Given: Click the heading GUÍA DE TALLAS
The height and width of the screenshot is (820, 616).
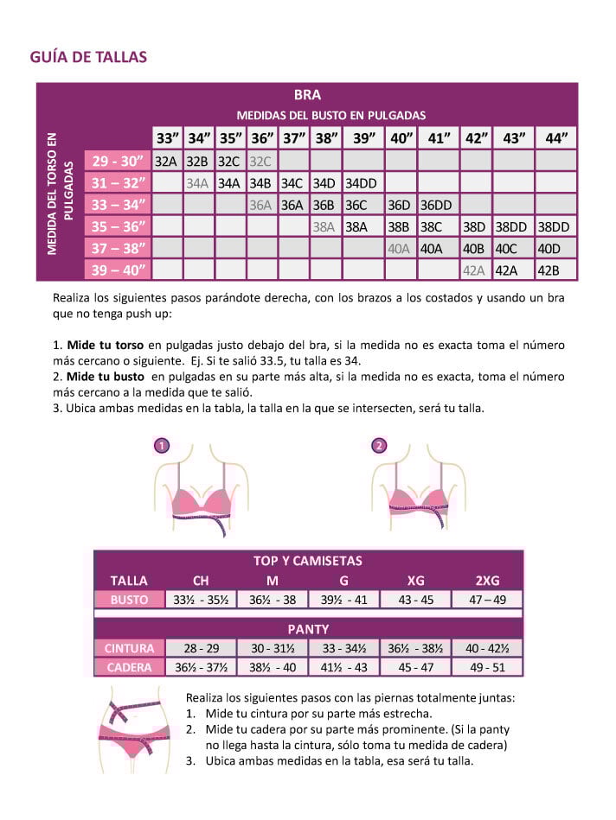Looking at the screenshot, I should [x=88, y=57].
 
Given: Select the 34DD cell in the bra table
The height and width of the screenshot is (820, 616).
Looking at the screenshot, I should [x=361, y=183].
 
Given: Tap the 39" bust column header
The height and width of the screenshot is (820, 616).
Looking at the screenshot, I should [x=364, y=137].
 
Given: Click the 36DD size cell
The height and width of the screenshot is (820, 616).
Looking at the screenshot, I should [x=436, y=206].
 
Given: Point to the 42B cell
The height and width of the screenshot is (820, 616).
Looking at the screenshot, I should [x=548, y=270].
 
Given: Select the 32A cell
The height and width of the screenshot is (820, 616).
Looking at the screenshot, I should [x=165, y=161].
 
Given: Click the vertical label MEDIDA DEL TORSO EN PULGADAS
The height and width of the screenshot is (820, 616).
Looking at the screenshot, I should [x=59, y=194].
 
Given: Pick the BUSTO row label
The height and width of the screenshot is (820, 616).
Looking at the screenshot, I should [x=129, y=600].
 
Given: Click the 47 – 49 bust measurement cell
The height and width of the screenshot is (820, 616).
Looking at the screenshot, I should [x=487, y=600].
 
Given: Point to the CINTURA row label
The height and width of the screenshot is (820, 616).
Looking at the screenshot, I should [x=129, y=648].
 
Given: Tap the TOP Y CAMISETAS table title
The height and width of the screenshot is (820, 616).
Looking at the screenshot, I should [x=308, y=561].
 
